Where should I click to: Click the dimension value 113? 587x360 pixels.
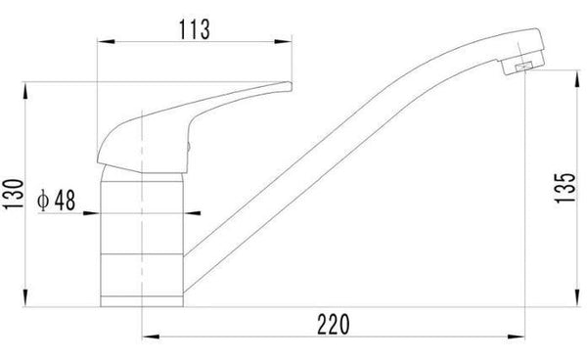click(x=195, y=29)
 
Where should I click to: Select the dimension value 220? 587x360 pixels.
click(x=334, y=325)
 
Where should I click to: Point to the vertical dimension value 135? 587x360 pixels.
click(x=564, y=188)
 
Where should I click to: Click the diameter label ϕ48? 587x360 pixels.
click(x=56, y=200)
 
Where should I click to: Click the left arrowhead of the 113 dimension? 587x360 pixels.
click(x=106, y=41)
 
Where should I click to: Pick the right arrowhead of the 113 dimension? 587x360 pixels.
click(x=283, y=41)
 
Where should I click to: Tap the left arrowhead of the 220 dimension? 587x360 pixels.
click(x=151, y=337)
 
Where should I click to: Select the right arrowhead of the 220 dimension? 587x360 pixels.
click(x=516, y=337)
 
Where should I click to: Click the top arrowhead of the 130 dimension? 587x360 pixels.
click(x=25, y=91)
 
